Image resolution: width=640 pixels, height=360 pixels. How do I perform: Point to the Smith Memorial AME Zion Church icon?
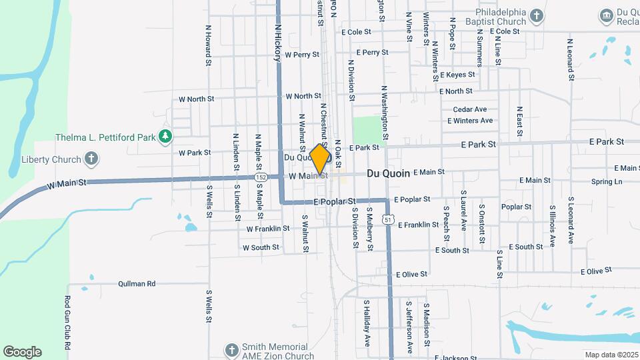pyautogui.click(x=231, y=351)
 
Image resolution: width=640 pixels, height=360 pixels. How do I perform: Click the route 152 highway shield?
pyautogui.click(x=261, y=177)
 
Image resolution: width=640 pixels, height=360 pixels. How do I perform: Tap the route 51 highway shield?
pyautogui.click(x=387, y=219)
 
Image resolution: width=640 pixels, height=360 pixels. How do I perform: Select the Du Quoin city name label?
pyautogui.click(x=388, y=173)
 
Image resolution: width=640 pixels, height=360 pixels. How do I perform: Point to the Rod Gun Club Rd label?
pyautogui.click(x=68, y=323)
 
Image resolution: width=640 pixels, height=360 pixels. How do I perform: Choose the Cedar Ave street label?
pyautogui.click(x=470, y=109)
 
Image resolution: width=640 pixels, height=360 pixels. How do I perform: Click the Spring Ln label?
pyautogui.click(x=606, y=181)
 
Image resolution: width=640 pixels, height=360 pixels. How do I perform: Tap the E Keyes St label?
pyautogui.click(x=457, y=75)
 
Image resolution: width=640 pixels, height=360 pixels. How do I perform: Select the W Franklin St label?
pyautogui.click(x=267, y=229)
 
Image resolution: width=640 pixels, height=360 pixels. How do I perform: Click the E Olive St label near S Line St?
pyautogui.click(x=597, y=271)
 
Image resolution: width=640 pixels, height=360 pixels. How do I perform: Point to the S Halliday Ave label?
pyautogui.click(x=367, y=323)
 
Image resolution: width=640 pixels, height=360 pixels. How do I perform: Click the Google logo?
pyautogui.click(x=22, y=352)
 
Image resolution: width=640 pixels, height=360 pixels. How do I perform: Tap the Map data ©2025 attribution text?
pyautogui.click(x=611, y=355)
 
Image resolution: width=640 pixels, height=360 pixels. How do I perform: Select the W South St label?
pyautogui.click(x=261, y=247)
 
